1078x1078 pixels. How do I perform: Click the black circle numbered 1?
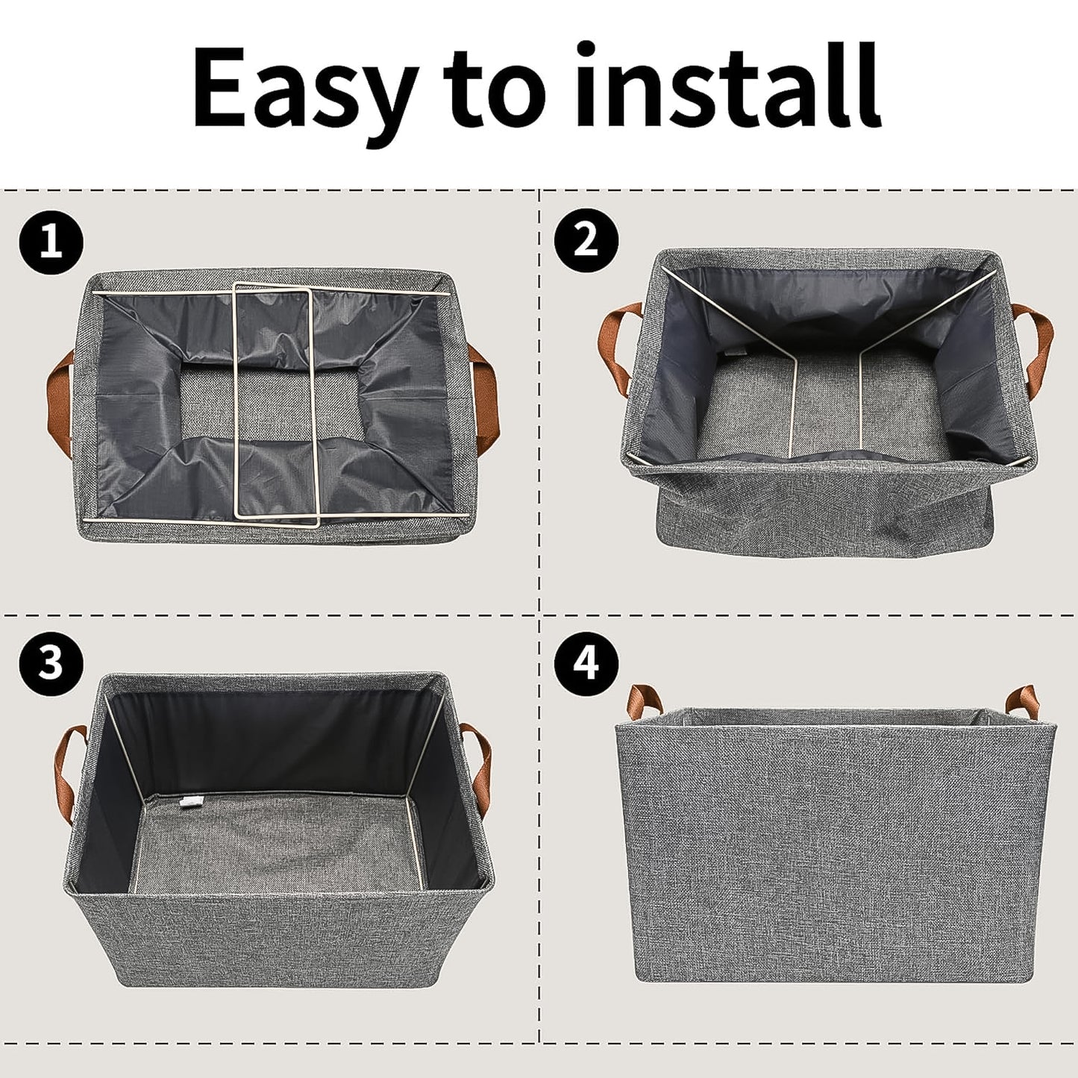click(51, 242)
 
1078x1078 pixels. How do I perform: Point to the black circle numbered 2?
click(586, 240)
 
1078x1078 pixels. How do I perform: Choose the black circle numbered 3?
click(51, 662)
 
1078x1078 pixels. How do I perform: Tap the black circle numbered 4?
click(586, 662)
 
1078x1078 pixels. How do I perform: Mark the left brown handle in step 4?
click(644, 702)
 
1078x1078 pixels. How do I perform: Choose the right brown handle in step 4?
click(1022, 701)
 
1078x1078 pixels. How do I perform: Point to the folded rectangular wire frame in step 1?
click(273, 403)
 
